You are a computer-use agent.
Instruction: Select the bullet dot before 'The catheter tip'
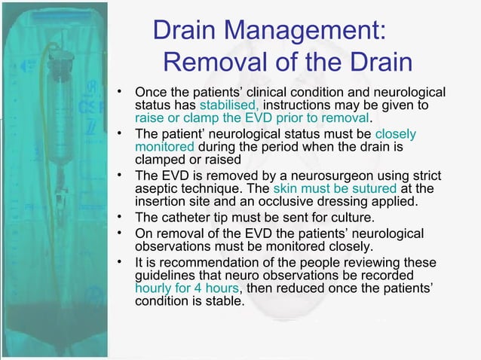[120, 218]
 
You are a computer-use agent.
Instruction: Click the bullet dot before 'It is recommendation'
[120, 262]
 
